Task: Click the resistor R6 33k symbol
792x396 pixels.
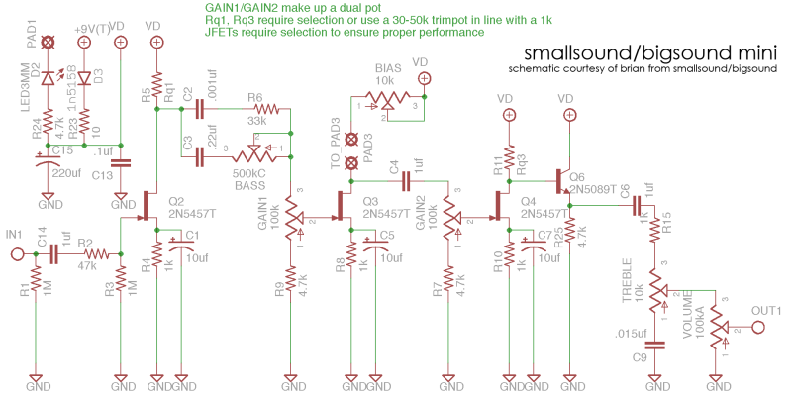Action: [x=255, y=110]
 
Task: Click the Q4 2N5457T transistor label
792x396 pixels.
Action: [x=544, y=207]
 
